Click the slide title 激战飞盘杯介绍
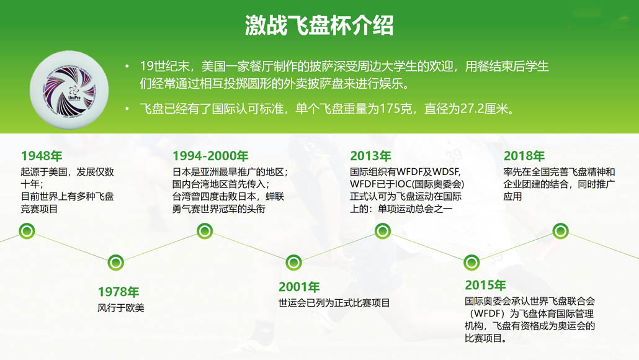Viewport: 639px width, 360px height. (x=319, y=25)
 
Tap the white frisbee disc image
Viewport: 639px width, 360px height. (x=69, y=90)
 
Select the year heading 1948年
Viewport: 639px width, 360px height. (x=42, y=156)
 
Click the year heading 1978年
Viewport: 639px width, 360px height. (x=118, y=292)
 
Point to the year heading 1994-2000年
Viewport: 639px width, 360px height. (x=210, y=156)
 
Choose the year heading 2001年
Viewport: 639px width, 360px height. (x=299, y=287)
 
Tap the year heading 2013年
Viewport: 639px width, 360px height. (x=370, y=156)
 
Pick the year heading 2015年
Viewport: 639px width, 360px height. (x=485, y=285)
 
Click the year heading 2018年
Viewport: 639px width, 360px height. (x=524, y=156)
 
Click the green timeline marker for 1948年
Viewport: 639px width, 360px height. (x=27, y=231)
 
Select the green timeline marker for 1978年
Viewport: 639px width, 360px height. (x=116, y=263)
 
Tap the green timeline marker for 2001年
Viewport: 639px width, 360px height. (x=293, y=263)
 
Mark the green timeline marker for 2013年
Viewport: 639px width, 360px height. (x=382, y=231)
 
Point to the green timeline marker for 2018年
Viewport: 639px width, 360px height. (x=560, y=231)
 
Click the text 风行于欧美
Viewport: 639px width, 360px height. (x=121, y=308)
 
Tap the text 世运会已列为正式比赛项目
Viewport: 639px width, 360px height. (x=334, y=303)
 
